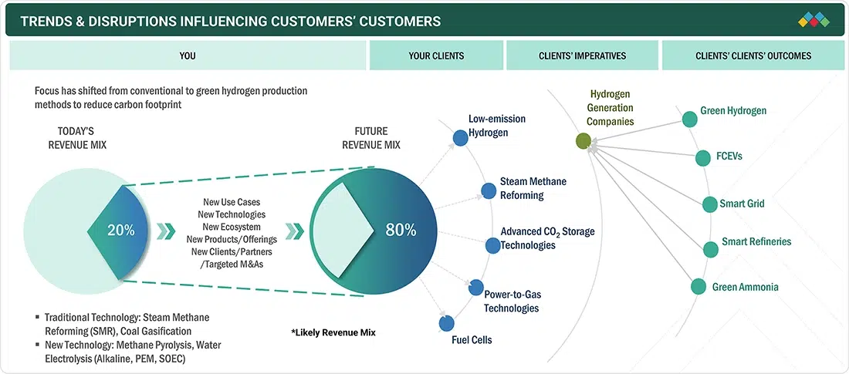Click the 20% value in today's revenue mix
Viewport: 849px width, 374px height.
click(x=120, y=230)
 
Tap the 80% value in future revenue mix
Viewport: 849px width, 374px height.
click(x=401, y=230)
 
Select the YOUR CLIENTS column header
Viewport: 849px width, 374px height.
click(x=436, y=56)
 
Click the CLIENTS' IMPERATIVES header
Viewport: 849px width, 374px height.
click(x=583, y=56)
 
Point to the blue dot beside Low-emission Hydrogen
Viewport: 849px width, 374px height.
click(x=459, y=137)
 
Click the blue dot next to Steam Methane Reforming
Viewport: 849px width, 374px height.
click(x=489, y=190)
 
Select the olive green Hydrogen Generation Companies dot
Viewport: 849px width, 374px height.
click(x=583, y=140)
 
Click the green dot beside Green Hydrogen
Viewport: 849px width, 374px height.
click(x=689, y=119)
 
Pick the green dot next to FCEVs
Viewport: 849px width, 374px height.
click(x=702, y=158)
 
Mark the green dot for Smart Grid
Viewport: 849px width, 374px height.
click(x=709, y=204)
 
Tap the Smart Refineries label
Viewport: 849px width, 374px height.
click(x=756, y=241)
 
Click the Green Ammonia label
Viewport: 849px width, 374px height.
click(x=745, y=287)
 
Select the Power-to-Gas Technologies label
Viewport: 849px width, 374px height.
click(x=511, y=301)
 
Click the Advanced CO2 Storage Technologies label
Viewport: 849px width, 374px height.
click(x=547, y=238)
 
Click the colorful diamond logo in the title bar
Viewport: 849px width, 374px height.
click(x=813, y=19)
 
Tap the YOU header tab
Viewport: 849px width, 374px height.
click(x=187, y=56)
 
